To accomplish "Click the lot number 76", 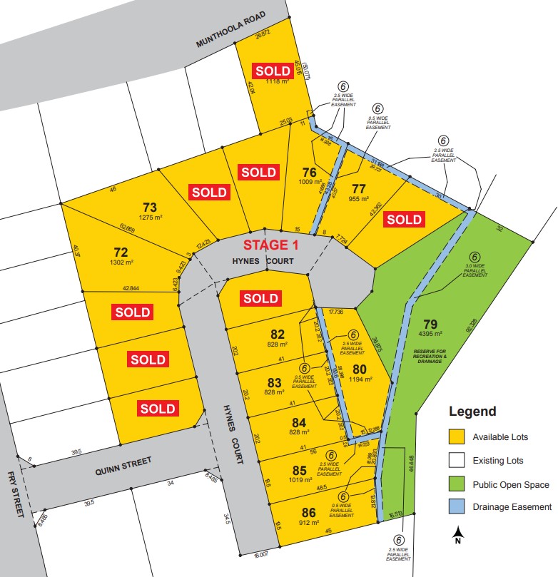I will (x=309, y=172).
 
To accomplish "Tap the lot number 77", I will (x=358, y=188).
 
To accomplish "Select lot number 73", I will (x=148, y=208).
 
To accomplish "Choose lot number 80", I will (x=358, y=369).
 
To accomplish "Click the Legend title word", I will (x=472, y=412).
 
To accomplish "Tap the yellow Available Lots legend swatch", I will (x=457, y=436).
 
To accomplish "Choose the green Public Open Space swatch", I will (x=457, y=484).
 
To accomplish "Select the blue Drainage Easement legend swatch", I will (x=457, y=507).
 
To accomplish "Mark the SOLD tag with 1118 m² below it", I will (x=273, y=71).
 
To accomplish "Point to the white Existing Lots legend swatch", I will (x=457, y=461).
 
